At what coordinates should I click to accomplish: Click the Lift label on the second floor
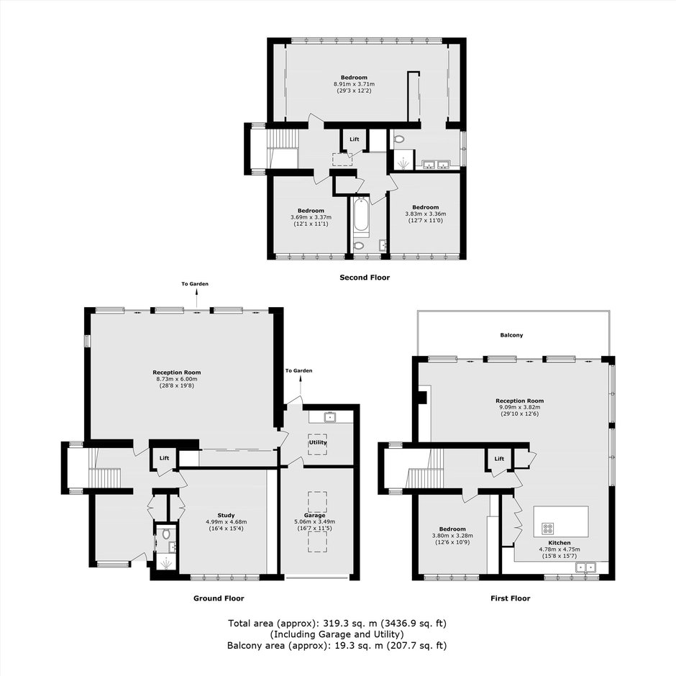[355, 140]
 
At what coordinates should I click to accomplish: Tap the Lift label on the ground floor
[164, 458]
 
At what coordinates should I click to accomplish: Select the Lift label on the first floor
[499, 459]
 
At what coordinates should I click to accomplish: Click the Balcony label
[512, 335]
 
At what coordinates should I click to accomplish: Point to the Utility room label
[318, 442]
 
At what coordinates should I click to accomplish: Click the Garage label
[315, 515]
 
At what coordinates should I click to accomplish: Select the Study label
[226, 515]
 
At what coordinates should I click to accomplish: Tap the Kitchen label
[559, 543]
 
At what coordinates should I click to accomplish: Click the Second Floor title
[365, 278]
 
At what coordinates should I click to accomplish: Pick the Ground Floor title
[219, 598]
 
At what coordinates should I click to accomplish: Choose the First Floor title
[511, 598]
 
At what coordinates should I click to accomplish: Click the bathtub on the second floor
[361, 215]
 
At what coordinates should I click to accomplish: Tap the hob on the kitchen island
[548, 528]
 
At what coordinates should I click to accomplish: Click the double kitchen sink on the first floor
[586, 567]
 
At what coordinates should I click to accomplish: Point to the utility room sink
[331, 417]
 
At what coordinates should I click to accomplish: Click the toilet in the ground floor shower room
[166, 534]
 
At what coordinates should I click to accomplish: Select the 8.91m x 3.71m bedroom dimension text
[354, 84]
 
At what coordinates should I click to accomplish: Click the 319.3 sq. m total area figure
[348, 623]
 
